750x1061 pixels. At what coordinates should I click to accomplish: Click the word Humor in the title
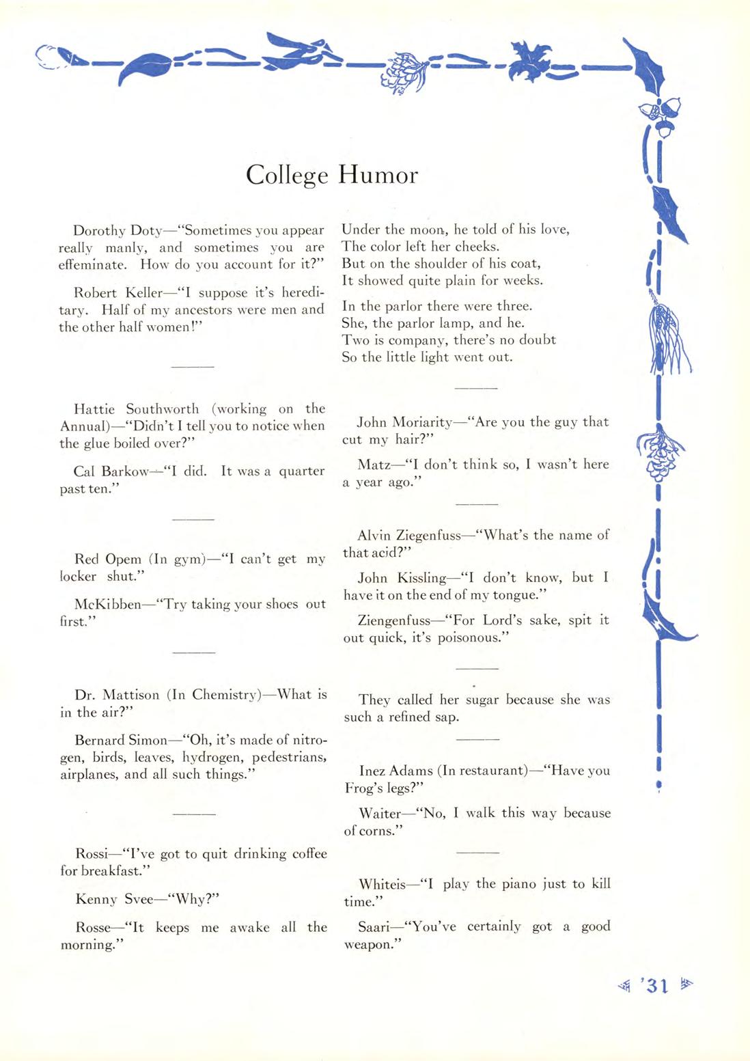[x=378, y=175]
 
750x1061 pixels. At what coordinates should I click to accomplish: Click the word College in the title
[x=287, y=176]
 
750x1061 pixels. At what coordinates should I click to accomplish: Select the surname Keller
[x=144, y=293]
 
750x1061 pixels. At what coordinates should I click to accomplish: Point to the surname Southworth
[x=162, y=409]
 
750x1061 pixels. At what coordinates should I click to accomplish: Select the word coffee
[x=309, y=854]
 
